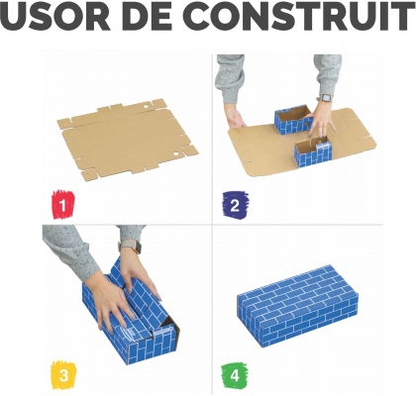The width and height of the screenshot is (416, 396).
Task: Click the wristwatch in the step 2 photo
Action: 324,97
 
